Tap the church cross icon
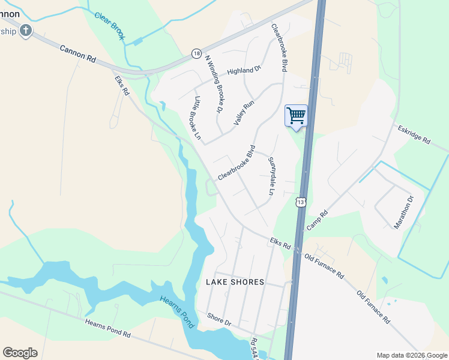(26, 31)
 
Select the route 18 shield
(196, 53)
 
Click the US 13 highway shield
(301, 202)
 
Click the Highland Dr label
(244, 71)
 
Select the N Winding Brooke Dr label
(214, 84)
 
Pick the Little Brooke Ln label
(196, 118)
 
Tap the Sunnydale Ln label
(271, 176)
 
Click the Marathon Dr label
(404, 212)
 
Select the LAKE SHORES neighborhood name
(235, 281)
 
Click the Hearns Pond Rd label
(108, 328)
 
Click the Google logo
(20, 353)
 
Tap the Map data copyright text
(412, 355)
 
